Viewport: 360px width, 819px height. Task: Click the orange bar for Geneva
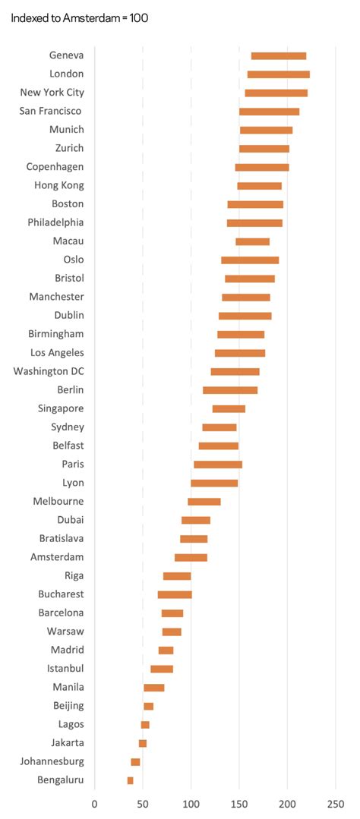click(x=278, y=55)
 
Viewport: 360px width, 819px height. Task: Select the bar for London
click(x=278, y=74)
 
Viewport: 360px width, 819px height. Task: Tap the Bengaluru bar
click(x=130, y=780)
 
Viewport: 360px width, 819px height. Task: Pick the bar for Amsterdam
click(x=191, y=557)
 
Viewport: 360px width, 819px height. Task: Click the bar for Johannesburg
click(x=135, y=761)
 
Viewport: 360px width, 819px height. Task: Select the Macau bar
click(x=252, y=241)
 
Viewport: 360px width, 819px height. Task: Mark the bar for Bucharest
click(x=175, y=594)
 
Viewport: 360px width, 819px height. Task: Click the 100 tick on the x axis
click(x=191, y=802)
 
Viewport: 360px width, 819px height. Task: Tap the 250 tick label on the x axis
click(x=335, y=802)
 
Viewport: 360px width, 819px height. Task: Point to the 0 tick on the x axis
click(x=94, y=802)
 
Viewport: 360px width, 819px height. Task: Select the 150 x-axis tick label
click(x=238, y=802)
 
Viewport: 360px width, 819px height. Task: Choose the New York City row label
click(x=52, y=93)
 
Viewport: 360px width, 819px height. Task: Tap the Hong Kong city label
click(x=59, y=185)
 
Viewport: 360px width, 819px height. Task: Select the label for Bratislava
click(x=61, y=538)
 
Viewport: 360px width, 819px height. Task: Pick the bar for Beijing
click(x=148, y=706)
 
